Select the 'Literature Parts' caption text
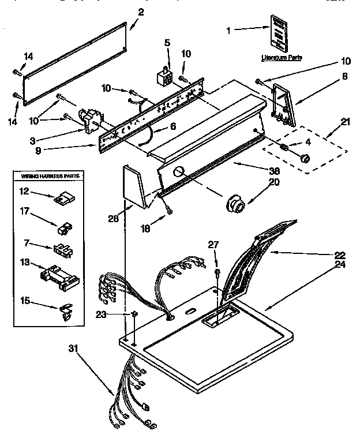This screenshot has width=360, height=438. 281,58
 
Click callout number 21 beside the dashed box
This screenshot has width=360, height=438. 344,122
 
